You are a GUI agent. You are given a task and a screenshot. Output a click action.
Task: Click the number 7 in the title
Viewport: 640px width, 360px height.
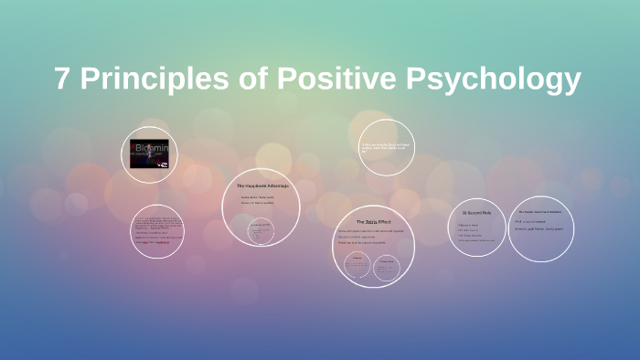62,79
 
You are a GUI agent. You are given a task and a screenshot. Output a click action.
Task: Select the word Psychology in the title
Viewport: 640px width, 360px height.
494,80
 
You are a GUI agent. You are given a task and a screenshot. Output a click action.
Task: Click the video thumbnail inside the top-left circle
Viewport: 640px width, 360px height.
149,154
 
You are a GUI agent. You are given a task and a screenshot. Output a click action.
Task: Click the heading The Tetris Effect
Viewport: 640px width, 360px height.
374,222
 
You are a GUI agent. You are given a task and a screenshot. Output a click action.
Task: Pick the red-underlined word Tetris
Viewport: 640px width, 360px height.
370,222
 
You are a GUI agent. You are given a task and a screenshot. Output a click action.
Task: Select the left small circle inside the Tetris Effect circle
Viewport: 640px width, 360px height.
354,265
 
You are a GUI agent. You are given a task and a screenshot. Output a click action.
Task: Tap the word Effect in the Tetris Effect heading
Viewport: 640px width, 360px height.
384,222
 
